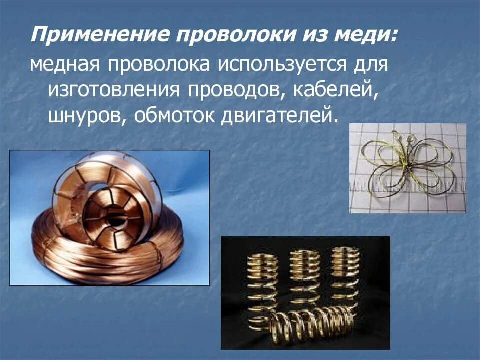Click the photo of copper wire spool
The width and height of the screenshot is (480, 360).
point(110,217)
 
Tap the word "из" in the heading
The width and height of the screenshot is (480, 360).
point(311,35)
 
